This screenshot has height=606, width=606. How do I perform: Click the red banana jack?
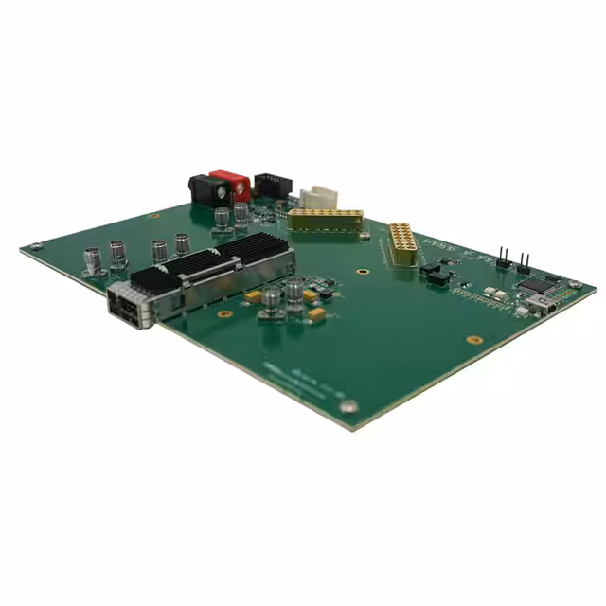[232, 184]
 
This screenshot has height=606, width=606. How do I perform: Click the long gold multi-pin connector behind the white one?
[326, 220]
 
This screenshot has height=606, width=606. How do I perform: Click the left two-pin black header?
[503, 260]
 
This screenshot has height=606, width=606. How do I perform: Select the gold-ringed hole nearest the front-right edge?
[474, 339]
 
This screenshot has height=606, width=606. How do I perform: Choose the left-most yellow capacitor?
[252, 296]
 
